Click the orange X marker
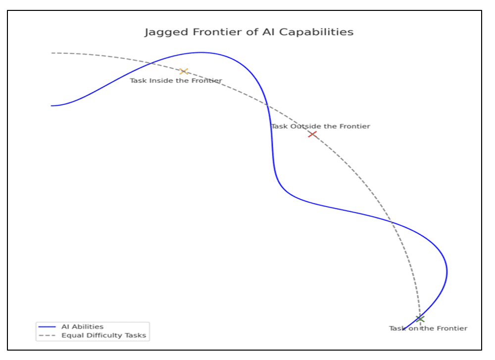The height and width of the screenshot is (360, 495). [184, 71]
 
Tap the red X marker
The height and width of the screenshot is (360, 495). [312, 134]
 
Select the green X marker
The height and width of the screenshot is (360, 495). [420, 318]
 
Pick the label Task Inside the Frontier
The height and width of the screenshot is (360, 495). [176, 81]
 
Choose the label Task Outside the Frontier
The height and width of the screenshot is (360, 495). [320, 126]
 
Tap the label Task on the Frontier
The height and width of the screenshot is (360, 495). [428, 328]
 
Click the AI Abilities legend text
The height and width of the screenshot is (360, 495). [82, 327]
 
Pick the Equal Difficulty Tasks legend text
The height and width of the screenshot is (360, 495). [103, 335]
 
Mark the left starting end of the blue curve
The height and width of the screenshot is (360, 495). [51, 105]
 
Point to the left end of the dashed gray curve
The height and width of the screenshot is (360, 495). [51, 53]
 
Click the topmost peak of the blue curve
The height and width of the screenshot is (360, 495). [200, 52]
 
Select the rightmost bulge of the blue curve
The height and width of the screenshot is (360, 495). [447, 271]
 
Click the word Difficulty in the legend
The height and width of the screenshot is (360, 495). [104, 335]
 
